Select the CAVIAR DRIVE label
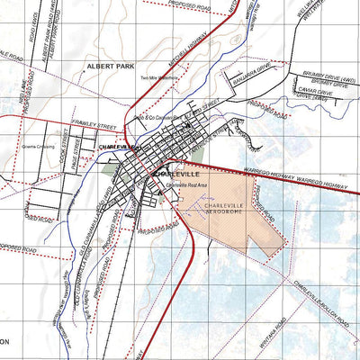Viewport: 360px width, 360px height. click(320, 92)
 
